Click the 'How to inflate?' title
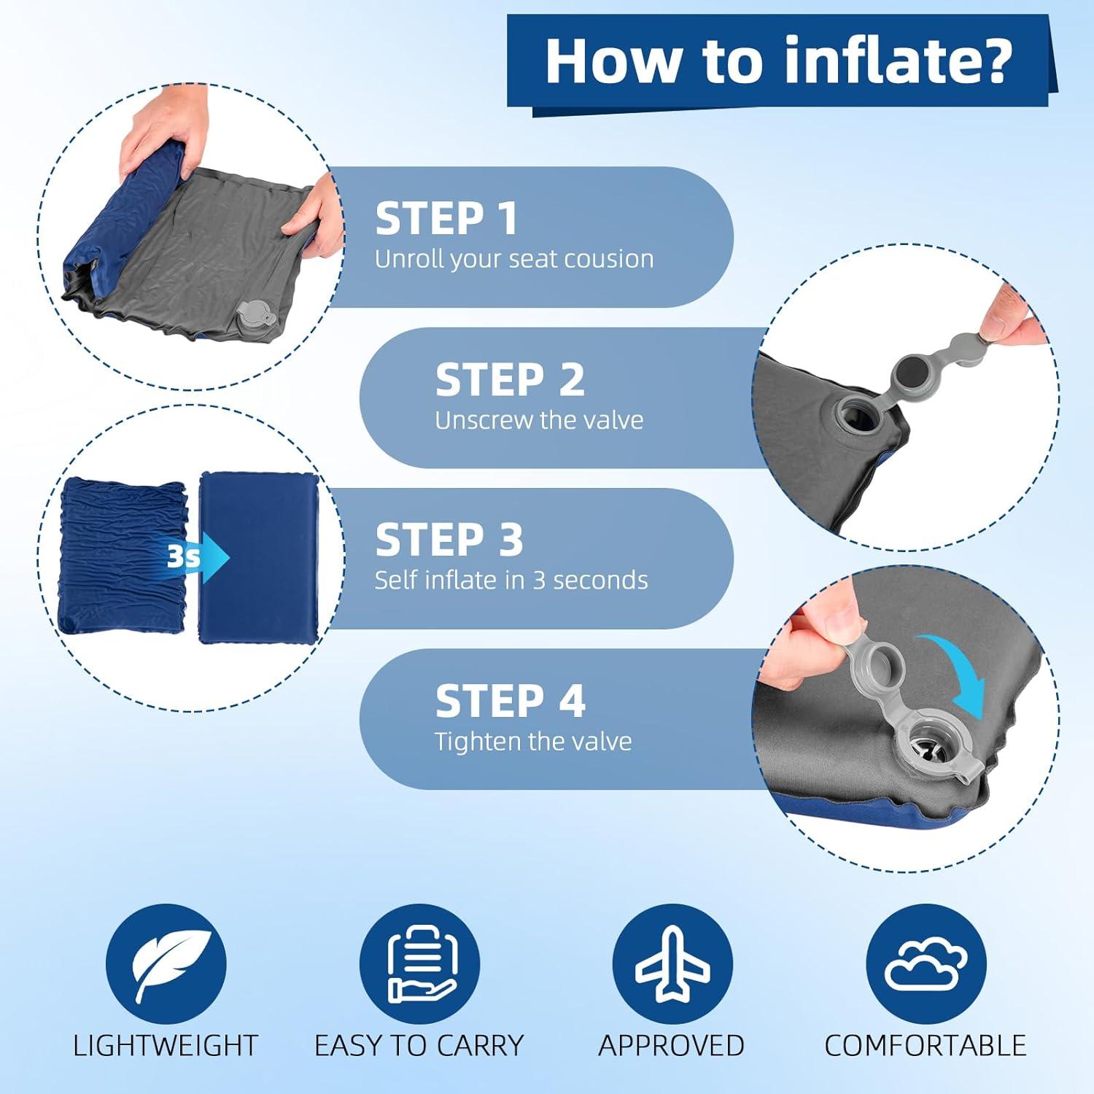(779, 61)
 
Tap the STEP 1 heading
(446, 219)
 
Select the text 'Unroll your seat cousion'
(514, 259)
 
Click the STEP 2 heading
(510, 380)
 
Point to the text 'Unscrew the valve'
(539, 420)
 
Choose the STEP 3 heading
(449, 540)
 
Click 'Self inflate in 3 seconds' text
(511, 581)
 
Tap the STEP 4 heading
(510, 701)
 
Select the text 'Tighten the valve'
(533, 742)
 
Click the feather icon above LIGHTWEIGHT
(166, 964)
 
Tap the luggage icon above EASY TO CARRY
(419, 964)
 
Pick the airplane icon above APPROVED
(672, 964)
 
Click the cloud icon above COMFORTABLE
(926, 964)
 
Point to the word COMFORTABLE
(925, 1046)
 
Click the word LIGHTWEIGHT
(166, 1046)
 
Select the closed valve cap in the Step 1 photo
(256, 318)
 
